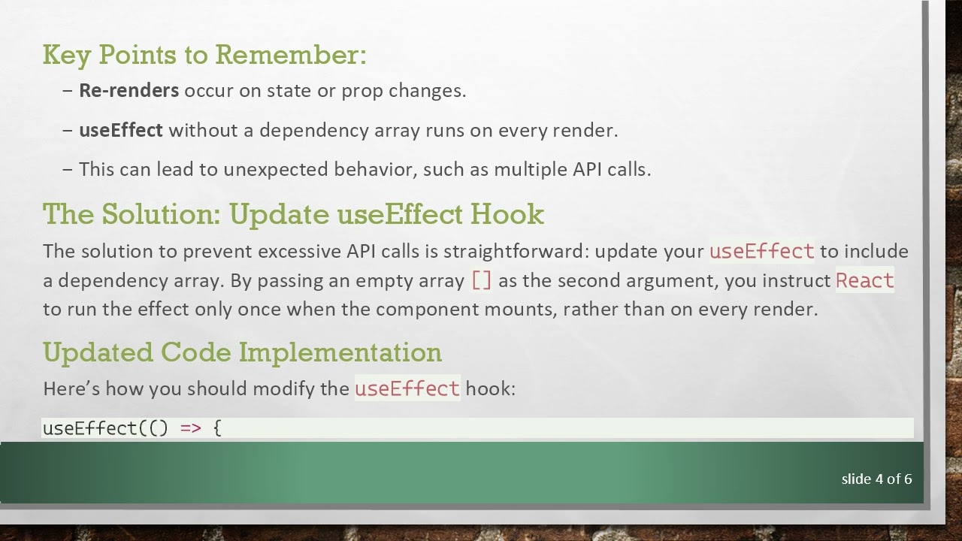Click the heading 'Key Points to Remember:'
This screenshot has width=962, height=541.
point(204,55)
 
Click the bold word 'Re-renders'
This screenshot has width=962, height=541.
point(129,91)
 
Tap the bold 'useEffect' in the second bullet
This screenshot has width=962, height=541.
point(120,130)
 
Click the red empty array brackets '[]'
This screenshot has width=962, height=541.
point(481,281)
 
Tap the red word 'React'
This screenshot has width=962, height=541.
point(864,281)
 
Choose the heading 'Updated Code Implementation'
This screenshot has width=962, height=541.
point(242,352)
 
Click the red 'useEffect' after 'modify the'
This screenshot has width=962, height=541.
point(407,388)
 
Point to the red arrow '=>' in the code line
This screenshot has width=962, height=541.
point(190,428)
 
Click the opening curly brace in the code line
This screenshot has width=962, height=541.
point(217,428)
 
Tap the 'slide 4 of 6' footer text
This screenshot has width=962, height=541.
point(876,479)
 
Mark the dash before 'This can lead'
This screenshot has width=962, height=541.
point(68,170)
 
